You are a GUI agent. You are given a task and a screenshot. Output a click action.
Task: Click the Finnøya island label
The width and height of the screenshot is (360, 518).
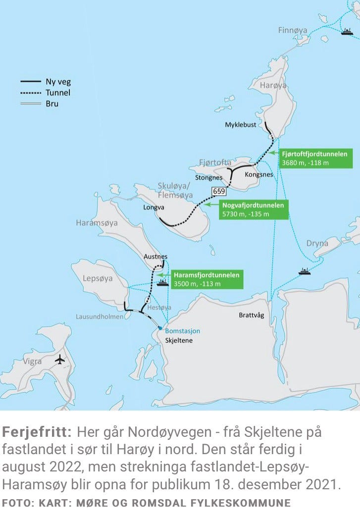point(292,30)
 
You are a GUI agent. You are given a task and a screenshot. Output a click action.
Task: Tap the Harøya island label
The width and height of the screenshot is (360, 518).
point(273,86)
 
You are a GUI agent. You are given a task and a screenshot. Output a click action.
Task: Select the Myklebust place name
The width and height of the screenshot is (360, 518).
point(241,125)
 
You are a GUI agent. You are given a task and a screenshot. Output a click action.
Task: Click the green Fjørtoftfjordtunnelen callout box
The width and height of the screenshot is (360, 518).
point(315,158)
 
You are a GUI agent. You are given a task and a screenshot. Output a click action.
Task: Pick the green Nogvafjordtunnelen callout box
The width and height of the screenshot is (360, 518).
point(253,209)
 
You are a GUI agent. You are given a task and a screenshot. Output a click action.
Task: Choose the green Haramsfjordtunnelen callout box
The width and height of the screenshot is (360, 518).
point(207,279)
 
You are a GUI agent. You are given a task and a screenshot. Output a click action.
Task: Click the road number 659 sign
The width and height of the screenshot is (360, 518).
point(218,191)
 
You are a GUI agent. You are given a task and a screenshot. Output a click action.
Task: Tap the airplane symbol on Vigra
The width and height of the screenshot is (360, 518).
point(60,360)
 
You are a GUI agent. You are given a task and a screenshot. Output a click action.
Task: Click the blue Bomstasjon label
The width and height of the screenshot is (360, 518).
point(182,331)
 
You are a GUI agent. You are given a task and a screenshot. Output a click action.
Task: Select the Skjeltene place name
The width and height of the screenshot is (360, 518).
point(179,341)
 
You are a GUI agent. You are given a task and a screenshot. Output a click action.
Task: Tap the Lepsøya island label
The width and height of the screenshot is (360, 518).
point(98,278)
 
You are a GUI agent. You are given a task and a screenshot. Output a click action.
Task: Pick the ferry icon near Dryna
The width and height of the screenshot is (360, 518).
point(305,271)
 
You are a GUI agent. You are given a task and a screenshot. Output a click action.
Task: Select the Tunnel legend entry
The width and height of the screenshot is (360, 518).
point(58,93)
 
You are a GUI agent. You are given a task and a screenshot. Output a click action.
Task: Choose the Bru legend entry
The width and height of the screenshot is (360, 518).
point(52,104)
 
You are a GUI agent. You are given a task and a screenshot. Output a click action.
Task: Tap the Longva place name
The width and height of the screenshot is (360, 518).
point(154,207)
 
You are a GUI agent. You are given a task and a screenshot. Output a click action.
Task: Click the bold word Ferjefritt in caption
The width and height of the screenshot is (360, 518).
point(37,432)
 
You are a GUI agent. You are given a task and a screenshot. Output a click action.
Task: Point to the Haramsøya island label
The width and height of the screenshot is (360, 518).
point(97,223)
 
